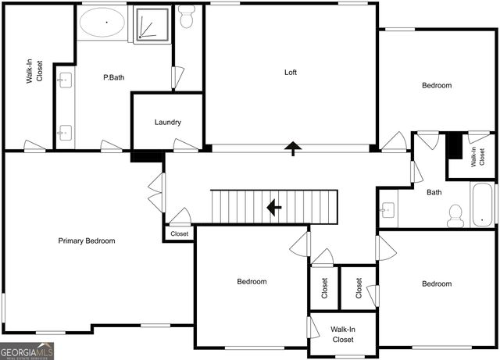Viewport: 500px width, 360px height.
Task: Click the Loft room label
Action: point(290,73)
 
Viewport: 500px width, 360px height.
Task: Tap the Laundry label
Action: point(168,123)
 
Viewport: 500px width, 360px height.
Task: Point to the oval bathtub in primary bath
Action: point(103,24)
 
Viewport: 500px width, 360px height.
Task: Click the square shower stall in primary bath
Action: point(151,25)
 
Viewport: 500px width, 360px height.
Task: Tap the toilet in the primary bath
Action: point(187,16)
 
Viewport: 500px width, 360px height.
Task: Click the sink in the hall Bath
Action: point(387,209)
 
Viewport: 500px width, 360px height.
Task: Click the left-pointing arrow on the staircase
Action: point(273,207)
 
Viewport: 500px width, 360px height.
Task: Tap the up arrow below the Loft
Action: point(294,148)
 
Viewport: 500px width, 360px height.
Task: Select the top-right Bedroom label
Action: point(437,86)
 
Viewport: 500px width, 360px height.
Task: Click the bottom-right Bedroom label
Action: point(437,284)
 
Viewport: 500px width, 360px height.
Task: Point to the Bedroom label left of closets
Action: point(252,282)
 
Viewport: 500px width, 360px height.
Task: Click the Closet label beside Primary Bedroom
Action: point(180,233)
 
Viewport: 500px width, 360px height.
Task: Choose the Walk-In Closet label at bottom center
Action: point(342,335)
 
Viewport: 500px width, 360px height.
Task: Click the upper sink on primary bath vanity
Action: point(65,79)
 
